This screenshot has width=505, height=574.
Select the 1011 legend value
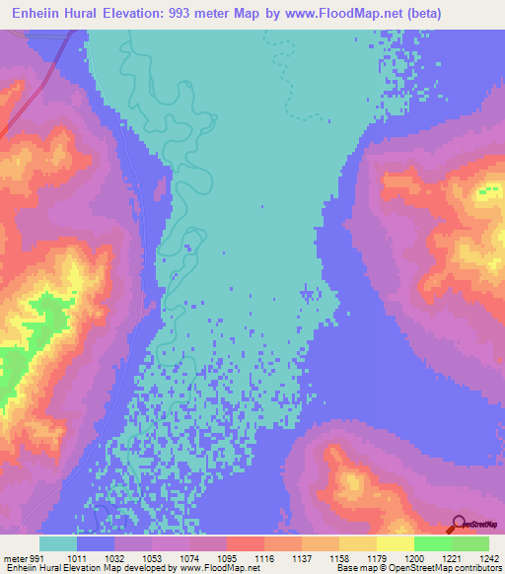pos(96,557)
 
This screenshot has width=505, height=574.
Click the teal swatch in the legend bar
pos(58,543)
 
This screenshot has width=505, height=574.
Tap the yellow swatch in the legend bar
pos(396,543)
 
